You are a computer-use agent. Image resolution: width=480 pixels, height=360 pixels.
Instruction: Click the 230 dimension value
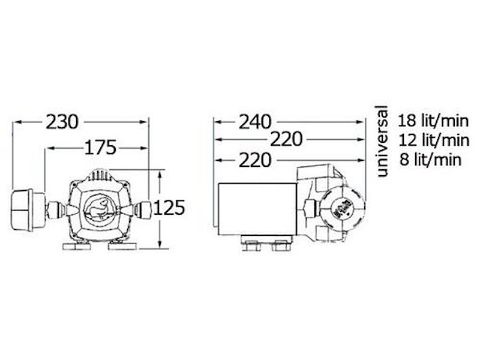pyautogui.click(x=62, y=122)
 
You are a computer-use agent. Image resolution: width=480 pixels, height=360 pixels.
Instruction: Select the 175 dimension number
pyautogui.click(x=100, y=148)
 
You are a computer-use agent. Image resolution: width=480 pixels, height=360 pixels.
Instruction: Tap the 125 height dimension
pyautogui.click(x=169, y=208)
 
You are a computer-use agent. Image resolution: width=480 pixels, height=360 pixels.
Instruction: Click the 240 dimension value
pyautogui.click(x=255, y=122)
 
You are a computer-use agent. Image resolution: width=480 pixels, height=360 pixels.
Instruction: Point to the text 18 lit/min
pyautogui.click(x=433, y=121)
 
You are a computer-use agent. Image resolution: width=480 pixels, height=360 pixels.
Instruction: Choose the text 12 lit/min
pyautogui.click(x=434, y=140)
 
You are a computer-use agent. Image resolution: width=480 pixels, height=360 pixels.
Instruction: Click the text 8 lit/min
pyautogui.click(x=430, y=160)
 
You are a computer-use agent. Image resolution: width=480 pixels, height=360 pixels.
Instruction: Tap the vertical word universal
pyautogui.click(x=382, y=141)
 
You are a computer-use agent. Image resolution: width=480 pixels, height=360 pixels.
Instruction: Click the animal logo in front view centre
pyautogui.click(x=97, y=209)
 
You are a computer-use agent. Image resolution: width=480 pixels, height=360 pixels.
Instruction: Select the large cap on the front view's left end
pyautogui.click(x=28, y=210)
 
